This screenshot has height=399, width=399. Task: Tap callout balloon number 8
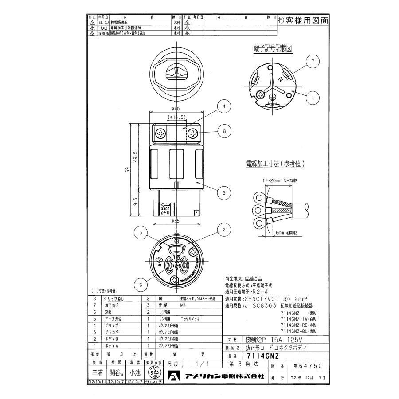(225, 131)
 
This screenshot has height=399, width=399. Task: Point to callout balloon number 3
(225, 192)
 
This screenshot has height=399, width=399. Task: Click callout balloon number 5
(141, 232)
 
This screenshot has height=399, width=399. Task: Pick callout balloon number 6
(141, 285)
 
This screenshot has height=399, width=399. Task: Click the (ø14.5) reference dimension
(177, 117)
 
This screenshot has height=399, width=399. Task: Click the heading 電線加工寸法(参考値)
(276, 163)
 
